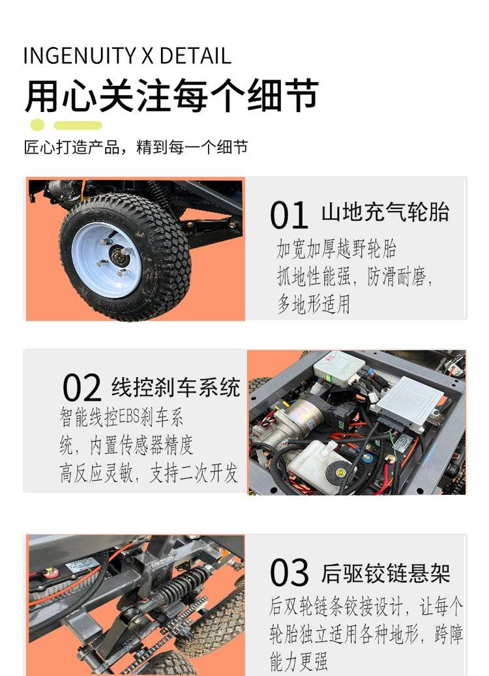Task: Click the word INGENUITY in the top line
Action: pyautogui.click(x=80, y=55)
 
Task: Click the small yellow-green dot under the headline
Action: pyautogui.click(x=37, y=125)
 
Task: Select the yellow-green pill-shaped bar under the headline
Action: pyautogui.click(x=78, y=126)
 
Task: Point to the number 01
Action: pyautogui.click(x=289, y=215)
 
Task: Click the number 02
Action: pyautogui.click(x=81, y=388)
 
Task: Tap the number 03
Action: pyautogui.click(x=289, y=573)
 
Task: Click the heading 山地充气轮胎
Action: pyautogui.click(x=385, y=212)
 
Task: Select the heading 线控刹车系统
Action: pyautogui.click(x=175, y=387)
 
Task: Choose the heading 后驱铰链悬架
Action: pyautogui.click(x=385, y=573)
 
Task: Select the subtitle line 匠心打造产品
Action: pyautogui.click(x=72, y=147)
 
